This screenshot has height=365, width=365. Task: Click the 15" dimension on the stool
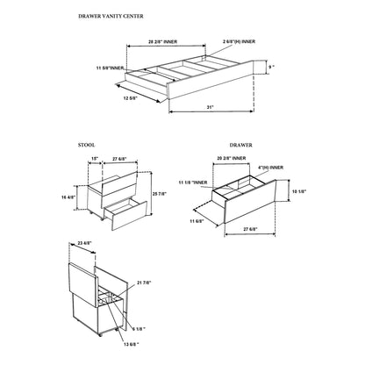[94, 159]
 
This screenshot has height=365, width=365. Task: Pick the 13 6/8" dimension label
[129, 344]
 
